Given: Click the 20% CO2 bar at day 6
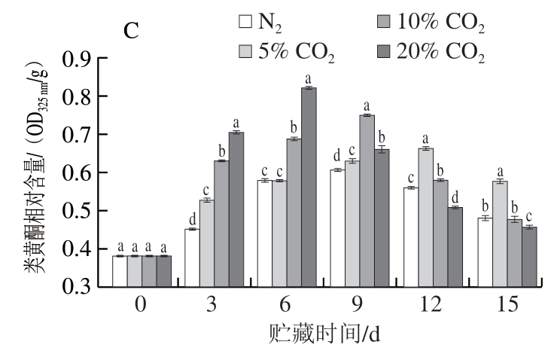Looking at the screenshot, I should pyautogui.click(x=309, y=188).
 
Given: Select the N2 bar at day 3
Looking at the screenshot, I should pyautogui.click(x=192, y=258).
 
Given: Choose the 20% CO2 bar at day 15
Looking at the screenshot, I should pyautogui.click(x=529, y=256).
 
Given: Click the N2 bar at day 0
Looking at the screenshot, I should pyautogui.click(x=120, y=271).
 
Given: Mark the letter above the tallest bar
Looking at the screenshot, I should pyautogui.click(x=308, y=78).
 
